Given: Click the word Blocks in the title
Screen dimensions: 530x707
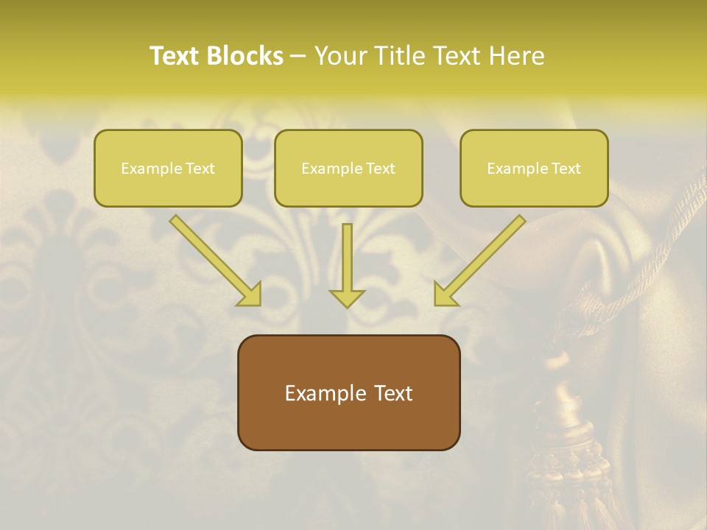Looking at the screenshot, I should pyautogui.click(x=246, y=56).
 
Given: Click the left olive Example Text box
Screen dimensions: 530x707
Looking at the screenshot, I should pyautogui.click(x=168, y=168).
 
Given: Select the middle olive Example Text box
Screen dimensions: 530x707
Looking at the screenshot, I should pyautogui.click(x=348, y=168).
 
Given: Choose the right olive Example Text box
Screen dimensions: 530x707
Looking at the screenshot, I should pyautogui.click(x=534, y=168).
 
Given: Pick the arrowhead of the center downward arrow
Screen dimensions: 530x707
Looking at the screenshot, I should pyautogui.click(x=347, y=298).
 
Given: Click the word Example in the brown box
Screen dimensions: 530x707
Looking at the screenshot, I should pyautogui.click(x=316, y=393).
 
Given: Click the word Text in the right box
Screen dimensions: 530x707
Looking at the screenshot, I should pyautogui.click(x=566, y=169).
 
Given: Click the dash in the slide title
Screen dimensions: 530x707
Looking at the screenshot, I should pyautogui.click(x=298, y=57).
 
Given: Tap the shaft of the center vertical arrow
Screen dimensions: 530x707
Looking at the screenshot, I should pyautogui.click(x=347, y=254).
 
